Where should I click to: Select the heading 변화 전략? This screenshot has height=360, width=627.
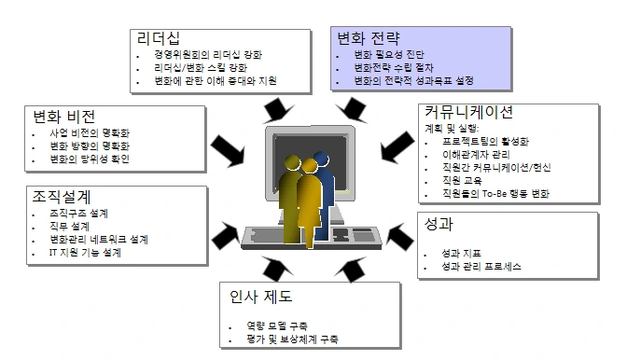(x=369, y=39)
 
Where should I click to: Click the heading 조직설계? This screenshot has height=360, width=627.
(x=59, y=197)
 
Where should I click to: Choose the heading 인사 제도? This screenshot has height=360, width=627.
(x=261, y=298)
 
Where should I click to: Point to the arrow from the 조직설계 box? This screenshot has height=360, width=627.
(x=227, y=227)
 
